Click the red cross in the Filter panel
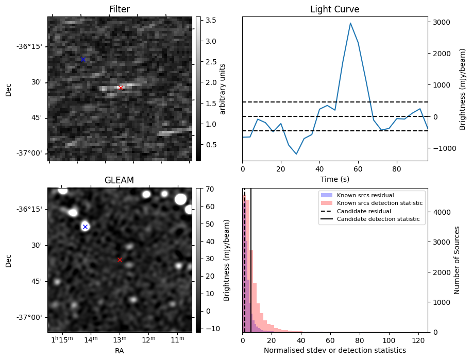(x=121, y=88)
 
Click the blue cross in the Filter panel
(x=83, y=60)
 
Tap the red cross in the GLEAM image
(x=120, y=260)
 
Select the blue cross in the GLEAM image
(x=86, y=227)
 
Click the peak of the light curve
(x=350, y=23)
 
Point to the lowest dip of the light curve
(x=296, y=153)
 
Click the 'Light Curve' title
(x=334, y=9)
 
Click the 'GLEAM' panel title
(x=119, y=180)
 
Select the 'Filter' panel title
(x=119, y=9)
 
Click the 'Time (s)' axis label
(x=334, y=179)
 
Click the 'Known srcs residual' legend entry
(x=365, y=196)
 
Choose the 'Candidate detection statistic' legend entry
(x=378, y=219)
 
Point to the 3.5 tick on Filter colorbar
(x=210, y=20)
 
